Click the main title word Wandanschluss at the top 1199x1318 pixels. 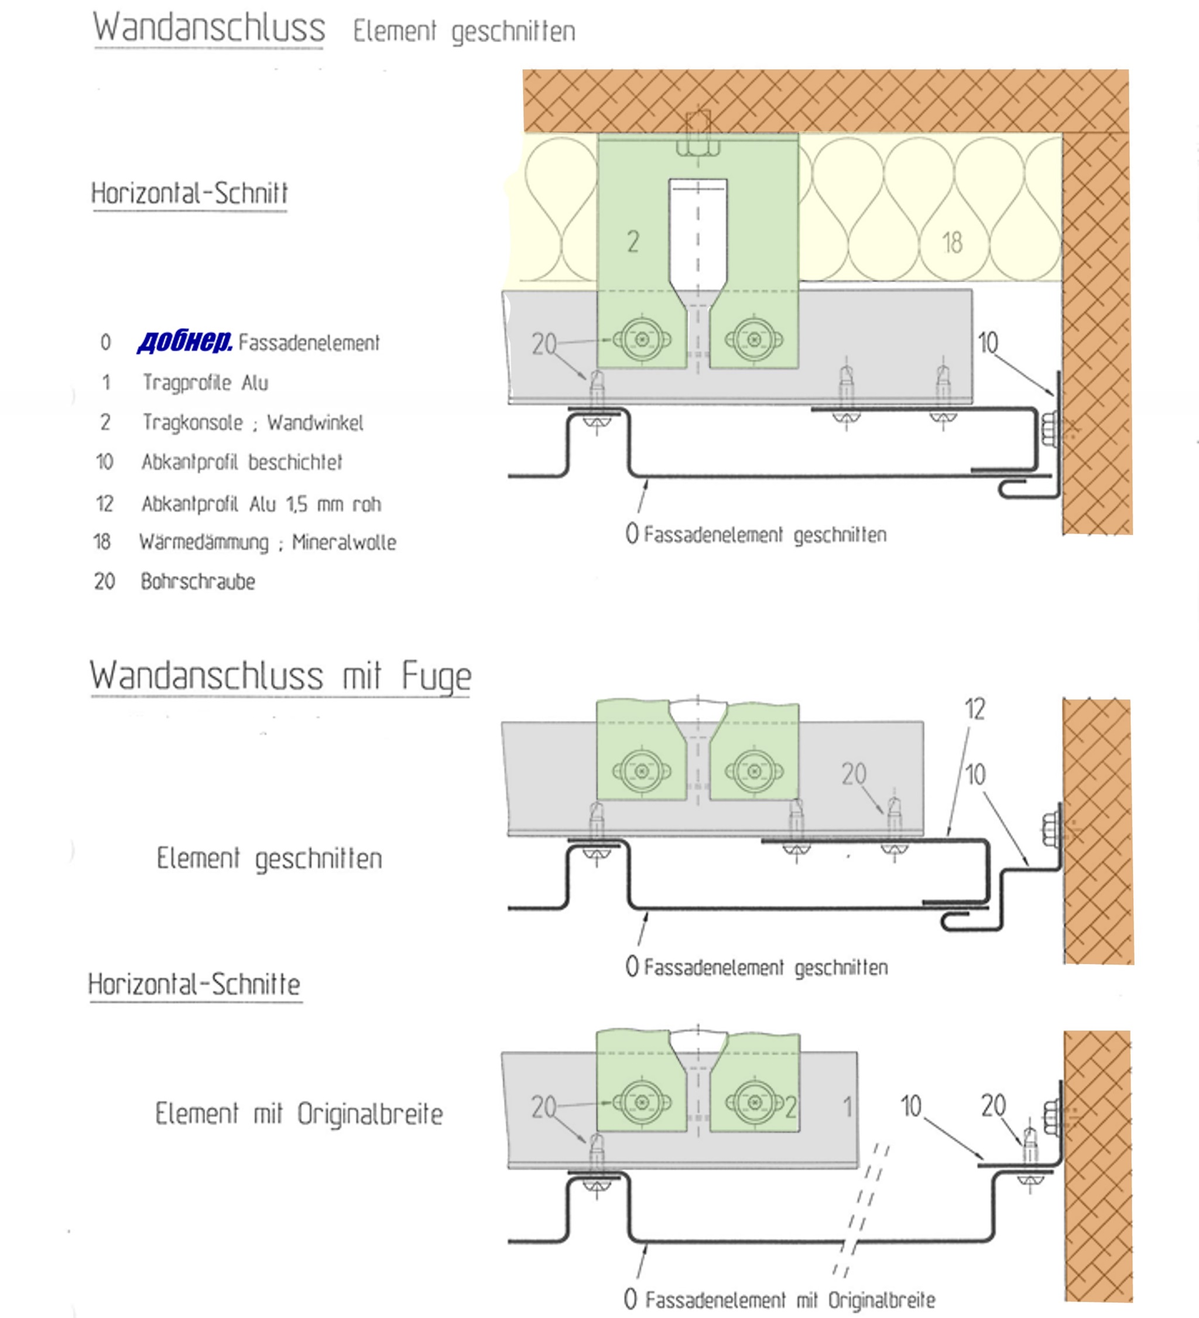(x=209, y=28)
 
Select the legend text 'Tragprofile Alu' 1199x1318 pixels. (x=205, y=383)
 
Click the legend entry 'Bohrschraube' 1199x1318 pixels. (x=198, y=581)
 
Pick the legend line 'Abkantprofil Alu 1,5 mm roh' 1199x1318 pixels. (x=261, y=503)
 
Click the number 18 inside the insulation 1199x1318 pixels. (x=952, y=243)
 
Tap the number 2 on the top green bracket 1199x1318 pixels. (x=632, y=242)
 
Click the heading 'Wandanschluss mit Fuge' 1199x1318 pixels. (x=280, y=675)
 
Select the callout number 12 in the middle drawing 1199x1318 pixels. (x=974, y=709)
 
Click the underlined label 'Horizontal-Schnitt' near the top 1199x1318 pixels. (x=190, y=193)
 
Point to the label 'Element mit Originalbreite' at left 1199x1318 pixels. (x=299, y=1114)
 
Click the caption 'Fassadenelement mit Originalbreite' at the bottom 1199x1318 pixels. (x=790, y=1299)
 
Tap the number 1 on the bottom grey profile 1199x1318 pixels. (x=848, y=1107)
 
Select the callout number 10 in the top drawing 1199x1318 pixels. (x=987, y=343)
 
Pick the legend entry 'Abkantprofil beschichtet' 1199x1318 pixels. (x=242, y=462)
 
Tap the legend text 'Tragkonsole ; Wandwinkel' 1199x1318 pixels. (x=253, y=422)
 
